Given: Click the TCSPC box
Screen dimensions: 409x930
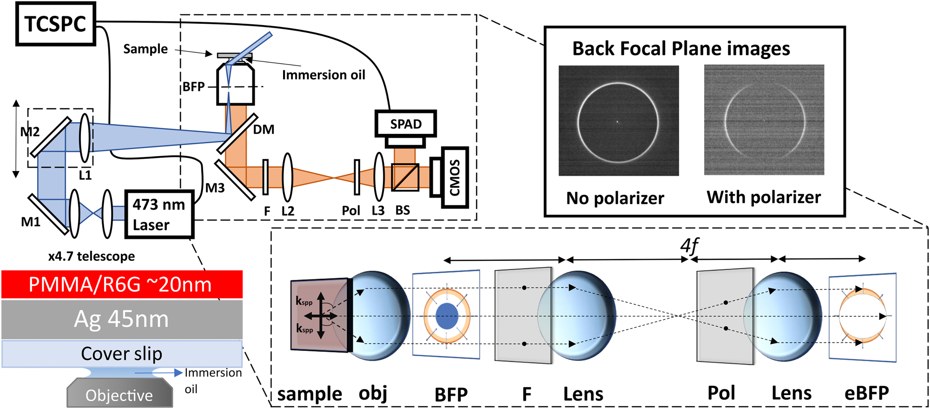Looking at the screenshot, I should (x=55, y=24).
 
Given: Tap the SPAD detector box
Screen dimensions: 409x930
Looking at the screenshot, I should (x=405, y=124).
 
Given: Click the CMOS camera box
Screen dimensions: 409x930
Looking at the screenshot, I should (x=454, y=178).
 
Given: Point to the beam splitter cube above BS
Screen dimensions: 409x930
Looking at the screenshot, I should (x=405, y=177).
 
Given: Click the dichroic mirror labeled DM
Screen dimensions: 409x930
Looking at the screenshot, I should (x=237, y=134).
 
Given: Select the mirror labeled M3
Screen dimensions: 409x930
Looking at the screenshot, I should (x=235, y=180).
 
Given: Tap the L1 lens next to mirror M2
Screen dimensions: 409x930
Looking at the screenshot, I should (x=85, y=138).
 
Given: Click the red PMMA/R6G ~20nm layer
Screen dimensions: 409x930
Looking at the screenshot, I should (x=122, y=284).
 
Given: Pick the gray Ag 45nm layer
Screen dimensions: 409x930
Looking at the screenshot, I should (x=122, y=319).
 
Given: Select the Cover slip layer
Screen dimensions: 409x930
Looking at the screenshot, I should (x=122, y=354).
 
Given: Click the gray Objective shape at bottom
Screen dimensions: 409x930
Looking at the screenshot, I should (x=119, y=394).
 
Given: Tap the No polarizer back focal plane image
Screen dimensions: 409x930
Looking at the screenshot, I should (x=618, y=121).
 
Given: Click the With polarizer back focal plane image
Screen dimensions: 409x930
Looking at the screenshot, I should (x=764, y=120).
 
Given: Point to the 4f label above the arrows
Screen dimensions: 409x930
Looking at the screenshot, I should (x=689, y=245).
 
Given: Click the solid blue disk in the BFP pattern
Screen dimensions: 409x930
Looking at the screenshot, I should (x=447, y=316).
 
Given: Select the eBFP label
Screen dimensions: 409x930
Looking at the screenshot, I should (x=866, y=393).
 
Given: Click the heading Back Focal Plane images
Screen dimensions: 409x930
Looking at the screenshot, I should (x=681, y=48).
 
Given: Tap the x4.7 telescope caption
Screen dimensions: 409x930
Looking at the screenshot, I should (x=92, y=256).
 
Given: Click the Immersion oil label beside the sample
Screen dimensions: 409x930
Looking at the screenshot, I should (x=323, y=75).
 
